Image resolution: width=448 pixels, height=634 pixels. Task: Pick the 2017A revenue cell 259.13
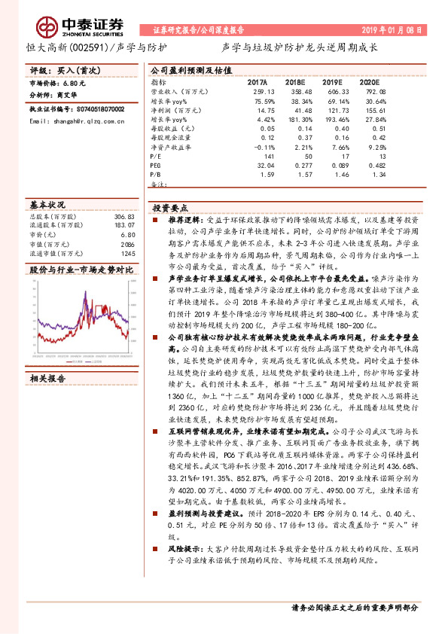pos(257,90)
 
